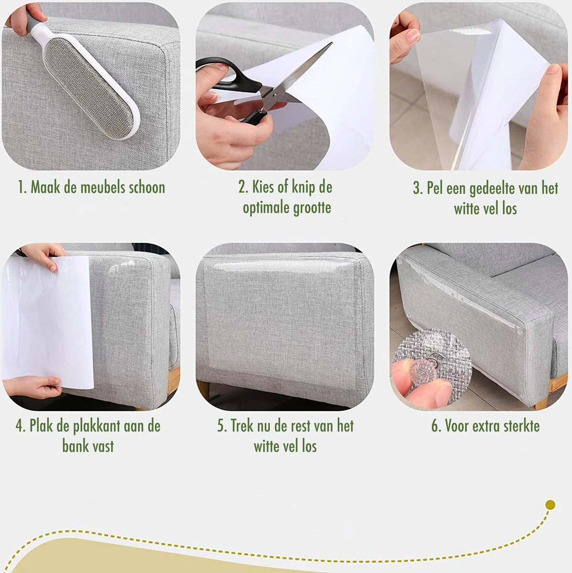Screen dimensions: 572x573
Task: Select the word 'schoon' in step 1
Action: tap(147, 188)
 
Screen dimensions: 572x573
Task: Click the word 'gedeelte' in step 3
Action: tap(492, 189)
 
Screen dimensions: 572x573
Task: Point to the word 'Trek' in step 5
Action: tap(240, 425)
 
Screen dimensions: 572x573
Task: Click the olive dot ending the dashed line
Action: tap(550, 505)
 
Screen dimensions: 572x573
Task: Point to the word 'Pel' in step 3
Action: tap(435, 189)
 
